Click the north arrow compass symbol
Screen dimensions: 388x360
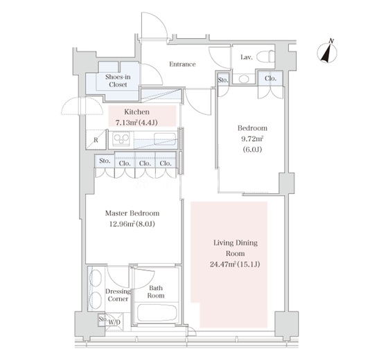pyautogui.click(x=327, y=53)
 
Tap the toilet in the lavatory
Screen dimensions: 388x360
pyautogui.click(x=265, y=57)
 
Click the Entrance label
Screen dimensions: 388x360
pyautogui.click(x=182, y=64)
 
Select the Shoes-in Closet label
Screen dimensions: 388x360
pyautogui.click(x=118, y=80)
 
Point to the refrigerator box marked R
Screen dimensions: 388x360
pyautogui.click(x=96, y=139)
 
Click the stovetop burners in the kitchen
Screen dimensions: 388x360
pyautogui.click(x=121, y=139)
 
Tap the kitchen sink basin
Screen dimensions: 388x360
pyautogui.click(x=165, y=139)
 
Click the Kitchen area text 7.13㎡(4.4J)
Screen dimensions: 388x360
pyautogui.click(x=136, y=123)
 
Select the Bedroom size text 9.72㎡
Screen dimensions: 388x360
pyautogui.click(x=252, y=138)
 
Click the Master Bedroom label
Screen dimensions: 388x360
pyautogui.click(x=132, y=213)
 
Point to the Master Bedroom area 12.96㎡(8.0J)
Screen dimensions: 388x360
pyautogui.click(x=132, y=224)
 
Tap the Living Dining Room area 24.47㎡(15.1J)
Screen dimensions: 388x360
pyautogui.click(x=235, y=264)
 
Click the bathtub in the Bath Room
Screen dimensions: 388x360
pyautogui.click(x=157, y=312)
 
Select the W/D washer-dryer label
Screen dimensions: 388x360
pyautogui.click(x=114, y=322)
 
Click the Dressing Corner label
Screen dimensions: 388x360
pyautogui.click(x=118, y=295)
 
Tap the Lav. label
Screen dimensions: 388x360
pyautogui.click(x=247, y=57)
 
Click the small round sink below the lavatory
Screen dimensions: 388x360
pyautogui.click(x=244, y=79)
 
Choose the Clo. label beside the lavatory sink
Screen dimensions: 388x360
pyautogui.click(x=270, y=79)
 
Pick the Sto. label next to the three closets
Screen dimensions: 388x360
pyautogui.click(x=105, y=161)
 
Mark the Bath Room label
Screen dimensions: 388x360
pyautogui.click(x=156, y=291)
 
